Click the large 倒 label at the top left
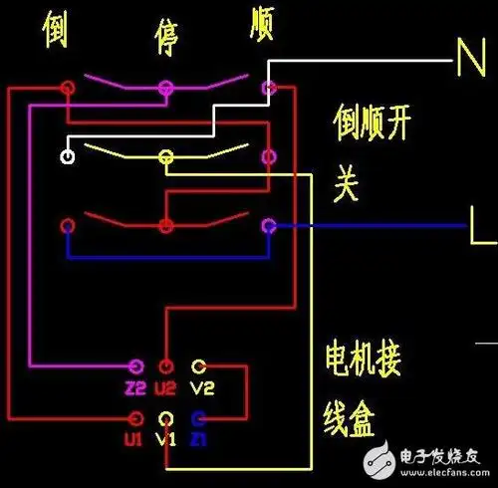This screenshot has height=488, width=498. (x=56, y=30)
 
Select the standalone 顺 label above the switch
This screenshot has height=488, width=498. (x=263, y=23)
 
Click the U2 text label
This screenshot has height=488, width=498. (x=166, y=387)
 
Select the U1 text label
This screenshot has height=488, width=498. (x=134, y=437)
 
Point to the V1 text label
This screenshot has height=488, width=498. (x=166, y=437)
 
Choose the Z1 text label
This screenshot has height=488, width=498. (x=199, y=437)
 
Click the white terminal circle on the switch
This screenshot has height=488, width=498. (x=68, y=156)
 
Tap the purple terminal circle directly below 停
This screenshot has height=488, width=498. (x=166, y=89)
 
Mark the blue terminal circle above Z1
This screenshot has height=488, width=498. (x=199, y=417)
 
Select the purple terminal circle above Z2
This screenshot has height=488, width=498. (x=134, y=366)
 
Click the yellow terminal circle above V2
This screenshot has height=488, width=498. (x=199, y=366)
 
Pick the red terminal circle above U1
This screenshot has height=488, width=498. (x=134, y=417)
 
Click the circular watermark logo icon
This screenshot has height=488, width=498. (x=378, y=460)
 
